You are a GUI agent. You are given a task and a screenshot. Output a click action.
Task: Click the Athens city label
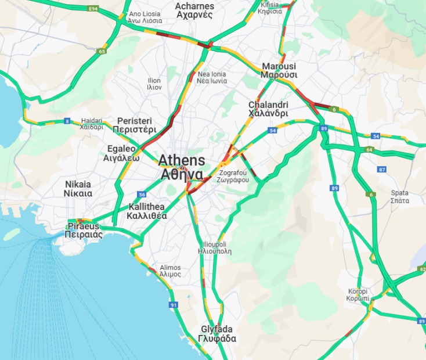(181, 167)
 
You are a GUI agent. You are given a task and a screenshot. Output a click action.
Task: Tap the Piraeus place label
(85, 230)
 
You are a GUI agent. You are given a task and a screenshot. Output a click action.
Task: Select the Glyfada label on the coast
(217, 333)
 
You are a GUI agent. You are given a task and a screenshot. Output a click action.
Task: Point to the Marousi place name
(279, 70)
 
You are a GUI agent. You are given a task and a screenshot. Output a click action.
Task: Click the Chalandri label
(268, 109)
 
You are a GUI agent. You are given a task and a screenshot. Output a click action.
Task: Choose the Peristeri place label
(134, 125)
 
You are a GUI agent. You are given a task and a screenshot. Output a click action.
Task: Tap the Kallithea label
(147, 211)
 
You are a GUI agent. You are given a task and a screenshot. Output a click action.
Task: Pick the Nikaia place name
(78, 189)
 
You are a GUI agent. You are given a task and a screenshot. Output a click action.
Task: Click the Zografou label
(234, 177)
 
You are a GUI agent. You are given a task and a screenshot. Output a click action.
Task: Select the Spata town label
(400, 197)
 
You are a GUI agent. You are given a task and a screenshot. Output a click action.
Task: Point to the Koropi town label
(358, 294)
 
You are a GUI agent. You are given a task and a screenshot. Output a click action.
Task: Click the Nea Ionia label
(212, 78)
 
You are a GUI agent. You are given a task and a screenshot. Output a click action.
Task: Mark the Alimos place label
(170, 271)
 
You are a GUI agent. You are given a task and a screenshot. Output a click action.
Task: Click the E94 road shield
(92, 9)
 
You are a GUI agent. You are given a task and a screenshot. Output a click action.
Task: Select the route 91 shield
(174, 305)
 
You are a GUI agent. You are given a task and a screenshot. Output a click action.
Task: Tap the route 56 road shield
(142, 195)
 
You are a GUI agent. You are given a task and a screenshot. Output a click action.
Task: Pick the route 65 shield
(102, 52)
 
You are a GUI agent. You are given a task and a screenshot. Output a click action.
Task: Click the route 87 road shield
(381, 170)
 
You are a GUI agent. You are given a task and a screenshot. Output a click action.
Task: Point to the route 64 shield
(369, 150)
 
